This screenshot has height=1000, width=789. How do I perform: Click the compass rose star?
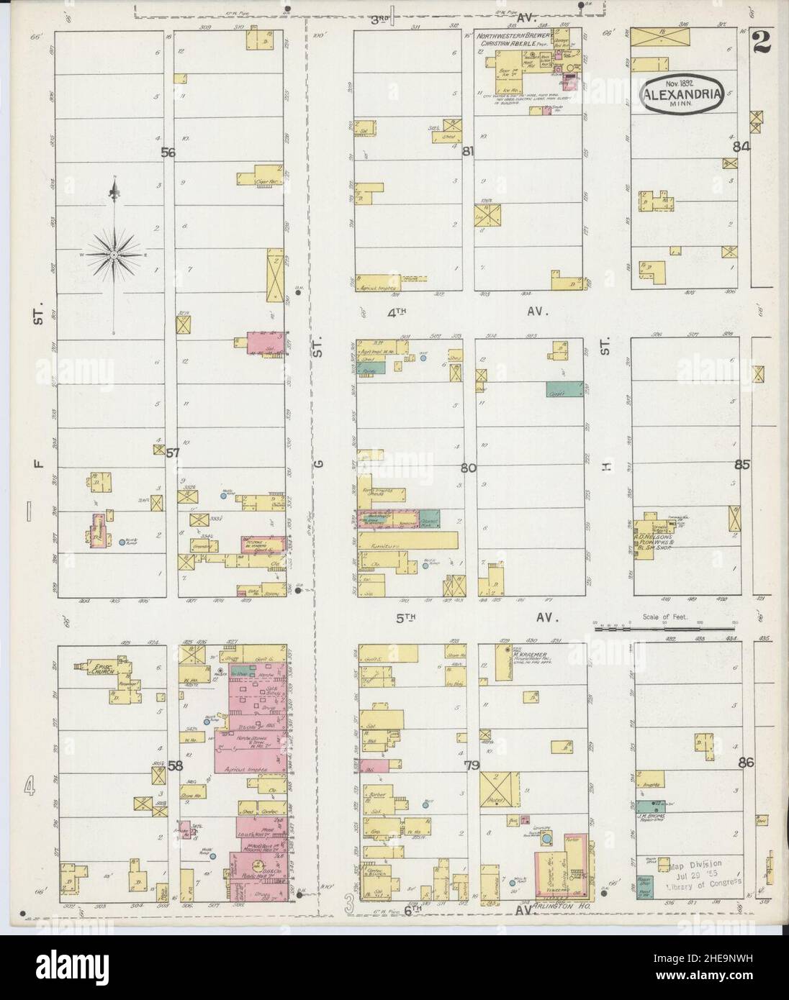114,255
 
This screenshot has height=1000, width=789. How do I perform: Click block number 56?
168,153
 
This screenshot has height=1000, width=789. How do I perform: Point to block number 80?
469,468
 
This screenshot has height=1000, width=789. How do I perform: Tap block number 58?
175,766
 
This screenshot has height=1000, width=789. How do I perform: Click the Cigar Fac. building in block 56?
262,177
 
